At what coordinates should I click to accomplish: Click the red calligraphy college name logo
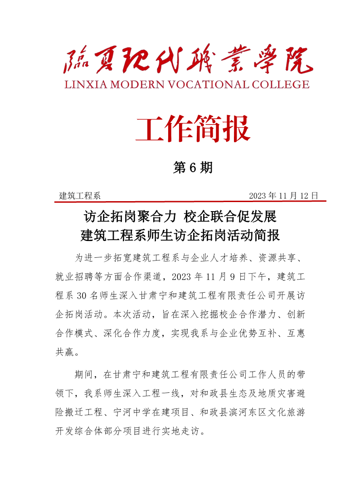pyautogui.click(x=188, y=60)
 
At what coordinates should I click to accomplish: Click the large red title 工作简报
pyautogui.click(x=193, y=128)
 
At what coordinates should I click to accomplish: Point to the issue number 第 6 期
pyautogui.click(x=193, y=168)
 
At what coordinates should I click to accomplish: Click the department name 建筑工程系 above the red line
pyautogui.click(x=80, y=196)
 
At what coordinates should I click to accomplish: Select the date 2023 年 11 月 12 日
pyautogui.click(x=284, y=196)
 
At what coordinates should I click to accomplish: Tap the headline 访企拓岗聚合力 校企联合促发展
pyautogui.click(x=180, y=217)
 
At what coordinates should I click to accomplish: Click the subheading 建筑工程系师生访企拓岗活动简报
pyautogui.click(x=180, y=236)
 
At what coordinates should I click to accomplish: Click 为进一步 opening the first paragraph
pyautogui.click(x=90, y=258)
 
